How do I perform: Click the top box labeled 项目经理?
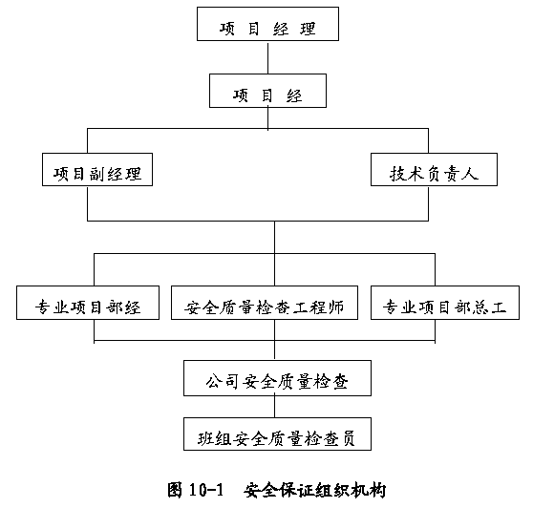267,24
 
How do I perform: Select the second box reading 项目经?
267,91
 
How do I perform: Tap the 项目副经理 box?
97,170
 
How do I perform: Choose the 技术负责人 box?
434,170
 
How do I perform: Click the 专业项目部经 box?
88,303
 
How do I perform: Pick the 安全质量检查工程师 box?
265,303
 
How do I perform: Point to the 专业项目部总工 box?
445,303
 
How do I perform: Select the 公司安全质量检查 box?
277,378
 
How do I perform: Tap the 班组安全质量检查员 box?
277,434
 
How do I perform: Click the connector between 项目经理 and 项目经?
267,57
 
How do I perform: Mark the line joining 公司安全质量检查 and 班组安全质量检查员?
275,407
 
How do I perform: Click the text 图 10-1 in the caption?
196,490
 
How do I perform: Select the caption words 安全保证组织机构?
315,490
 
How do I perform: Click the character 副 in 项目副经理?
98,174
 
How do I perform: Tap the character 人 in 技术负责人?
471,173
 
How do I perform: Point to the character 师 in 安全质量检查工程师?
335,307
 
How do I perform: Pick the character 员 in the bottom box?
347,438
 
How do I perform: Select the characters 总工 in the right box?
489,307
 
